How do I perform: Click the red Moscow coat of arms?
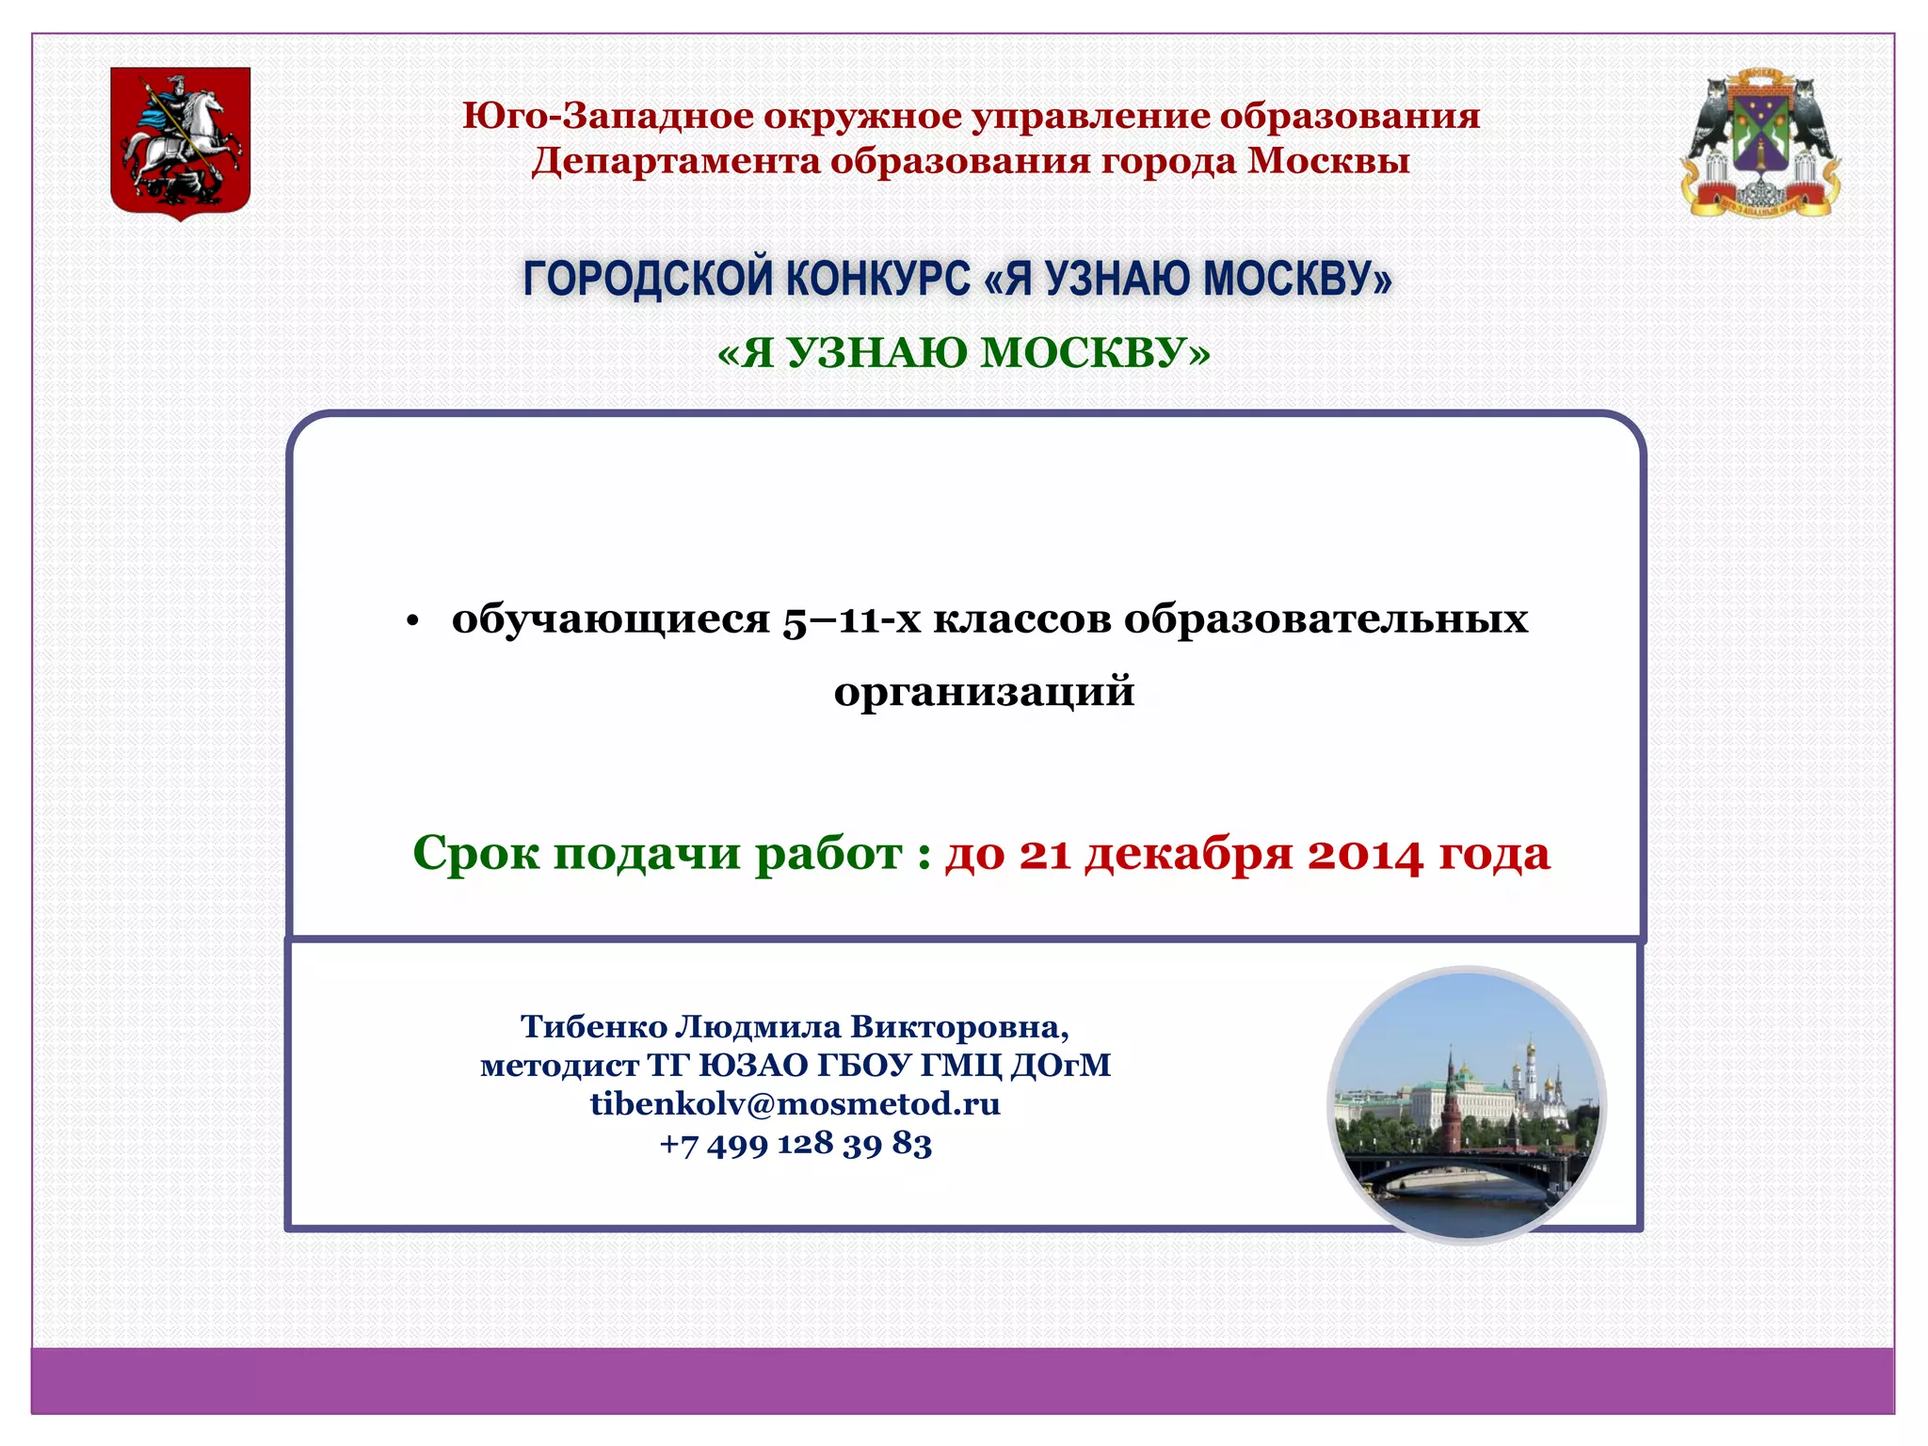click(x=180, y=142)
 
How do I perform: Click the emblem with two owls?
click(x=1759, y=143)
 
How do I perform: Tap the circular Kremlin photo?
click(x=1467, y=1105)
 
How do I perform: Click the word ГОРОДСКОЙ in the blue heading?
click(x=647, y=279)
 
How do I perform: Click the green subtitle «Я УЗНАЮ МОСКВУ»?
click(x=963, y=353)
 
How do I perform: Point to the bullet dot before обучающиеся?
click(x=411, y=623)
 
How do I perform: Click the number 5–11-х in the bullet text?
click(x=851, y=620)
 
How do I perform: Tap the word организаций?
click(x=984, y=692)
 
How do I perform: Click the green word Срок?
click(x=475, y=854)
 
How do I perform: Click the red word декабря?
click(x=1188, y=854)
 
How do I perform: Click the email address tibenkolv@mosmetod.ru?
click(x=795, y=1103)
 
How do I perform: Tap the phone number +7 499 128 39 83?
click(x=795, y=1144)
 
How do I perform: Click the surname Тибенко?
click(x=593, y=1026)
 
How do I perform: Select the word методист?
click(x=559, y=1066)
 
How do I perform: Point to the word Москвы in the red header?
click(x=1328, y=161)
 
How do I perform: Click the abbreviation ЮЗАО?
click(x=753, y=1066)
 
